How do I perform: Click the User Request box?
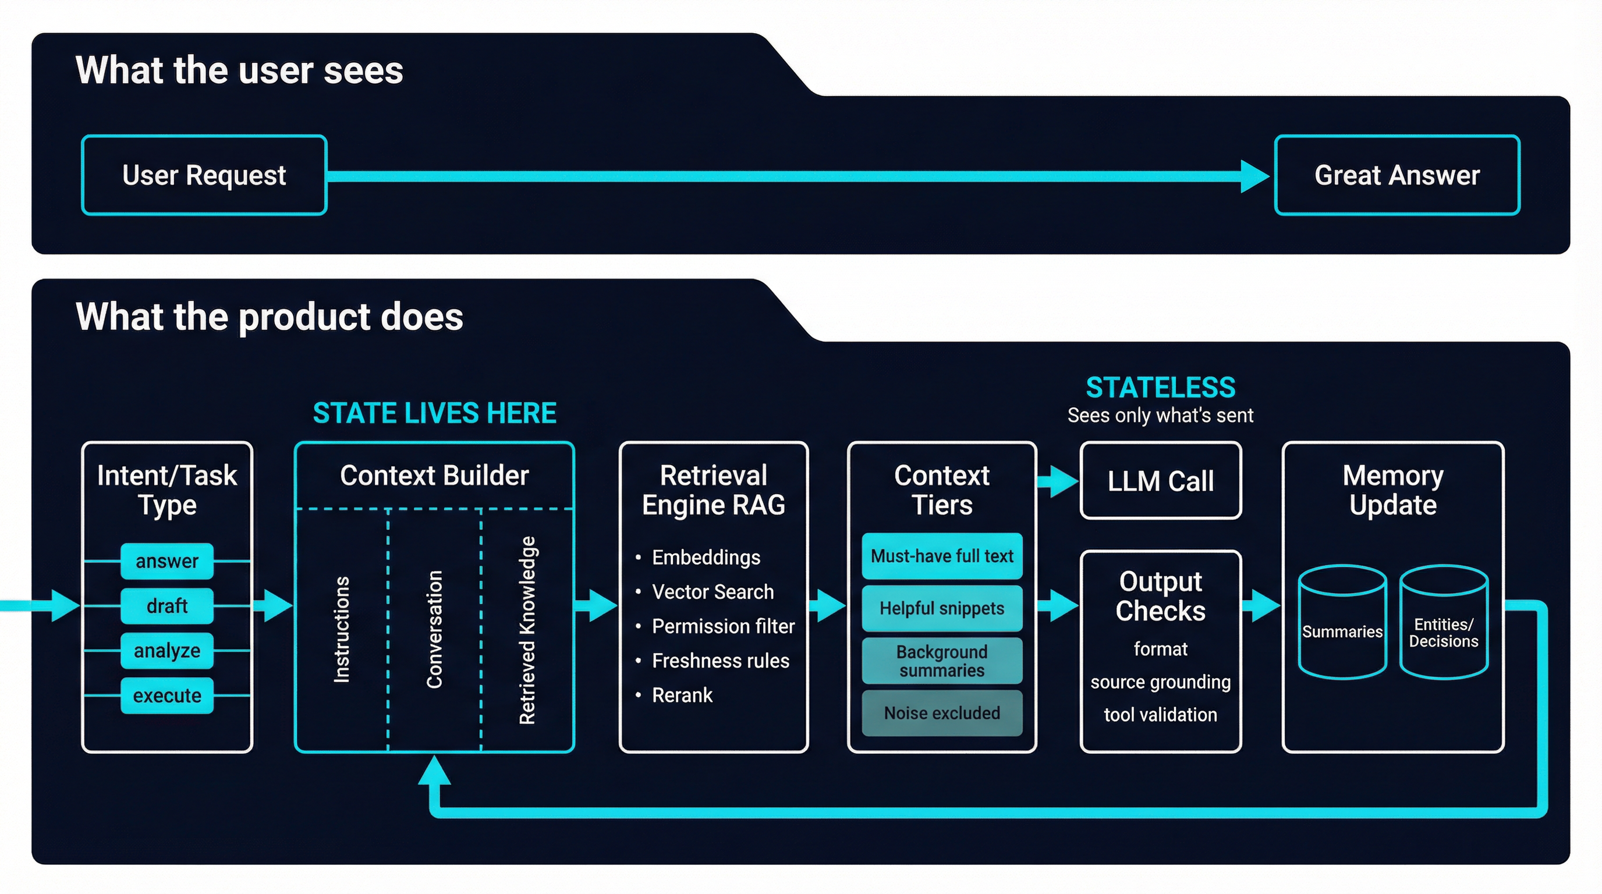(x=204, y=175)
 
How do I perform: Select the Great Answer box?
(x=1397, y=175)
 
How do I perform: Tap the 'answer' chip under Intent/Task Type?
(x=166, y=560)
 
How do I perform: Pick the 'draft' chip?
(x=166, y=605)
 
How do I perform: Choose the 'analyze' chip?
(x=166, y=650)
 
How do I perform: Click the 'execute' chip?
(x=166, y=695)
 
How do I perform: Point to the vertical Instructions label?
(x=342, y=629)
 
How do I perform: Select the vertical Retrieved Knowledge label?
(x=527, y=629)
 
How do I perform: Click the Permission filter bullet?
(x=722, y=626)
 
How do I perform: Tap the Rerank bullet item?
(x=682, y=695)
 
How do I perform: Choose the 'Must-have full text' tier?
(x=941, y=556)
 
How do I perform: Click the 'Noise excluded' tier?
(x=941, y=713)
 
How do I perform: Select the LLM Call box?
(x=1160, y=481)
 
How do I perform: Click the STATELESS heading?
(x=1160, y=387)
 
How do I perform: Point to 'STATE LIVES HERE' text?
(x=434, y=413)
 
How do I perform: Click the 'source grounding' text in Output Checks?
(x=1160, y=682)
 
